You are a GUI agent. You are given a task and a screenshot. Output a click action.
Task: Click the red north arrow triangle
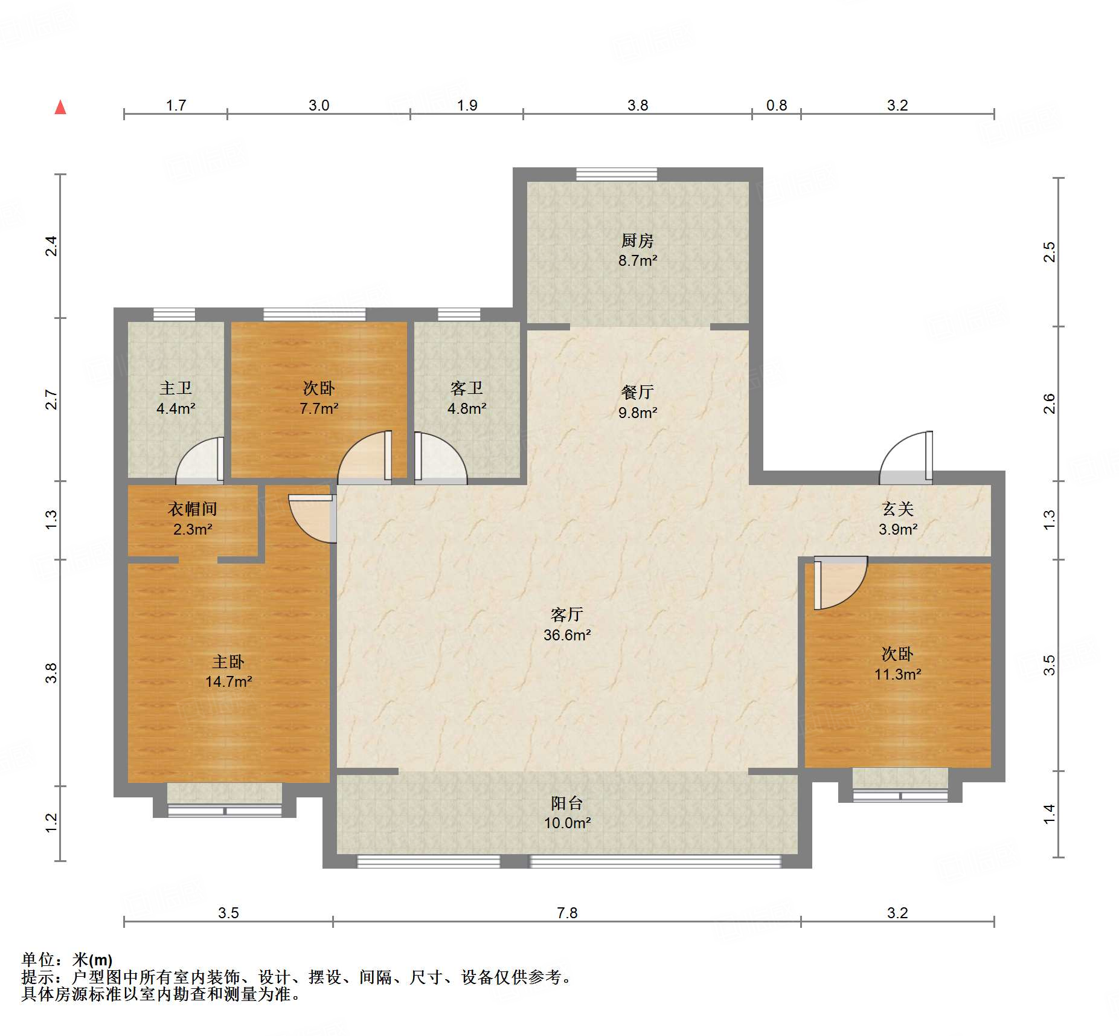(60, 108)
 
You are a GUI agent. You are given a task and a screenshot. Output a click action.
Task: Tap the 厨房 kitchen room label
(637, 241)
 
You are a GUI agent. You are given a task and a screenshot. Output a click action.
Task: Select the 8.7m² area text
(637, 261)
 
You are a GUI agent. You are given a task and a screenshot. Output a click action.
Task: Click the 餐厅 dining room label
(637, 393)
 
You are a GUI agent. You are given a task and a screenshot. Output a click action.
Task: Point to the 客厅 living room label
(566, 615)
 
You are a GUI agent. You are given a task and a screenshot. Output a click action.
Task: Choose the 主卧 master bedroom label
(228, 661)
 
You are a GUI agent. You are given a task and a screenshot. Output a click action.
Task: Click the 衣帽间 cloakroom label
(193, 509)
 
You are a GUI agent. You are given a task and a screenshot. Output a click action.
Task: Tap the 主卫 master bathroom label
(176, 388)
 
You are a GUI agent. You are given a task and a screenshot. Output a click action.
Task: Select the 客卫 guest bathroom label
(467, 388)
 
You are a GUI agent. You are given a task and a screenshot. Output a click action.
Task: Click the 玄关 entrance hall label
(897, 509)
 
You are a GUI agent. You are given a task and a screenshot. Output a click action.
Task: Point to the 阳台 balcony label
(566, 803)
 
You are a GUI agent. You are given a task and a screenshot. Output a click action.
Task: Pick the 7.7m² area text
(319, 409)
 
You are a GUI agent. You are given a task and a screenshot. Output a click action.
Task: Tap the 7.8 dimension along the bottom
(567, 913)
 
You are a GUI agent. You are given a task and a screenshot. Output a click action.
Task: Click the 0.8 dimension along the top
(777, 106)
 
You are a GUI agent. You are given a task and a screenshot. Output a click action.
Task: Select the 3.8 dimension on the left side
(52, 673)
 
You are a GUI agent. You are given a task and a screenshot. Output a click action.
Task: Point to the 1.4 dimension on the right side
(1050, 814)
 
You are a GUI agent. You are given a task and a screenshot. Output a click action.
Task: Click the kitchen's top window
(617, 175)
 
